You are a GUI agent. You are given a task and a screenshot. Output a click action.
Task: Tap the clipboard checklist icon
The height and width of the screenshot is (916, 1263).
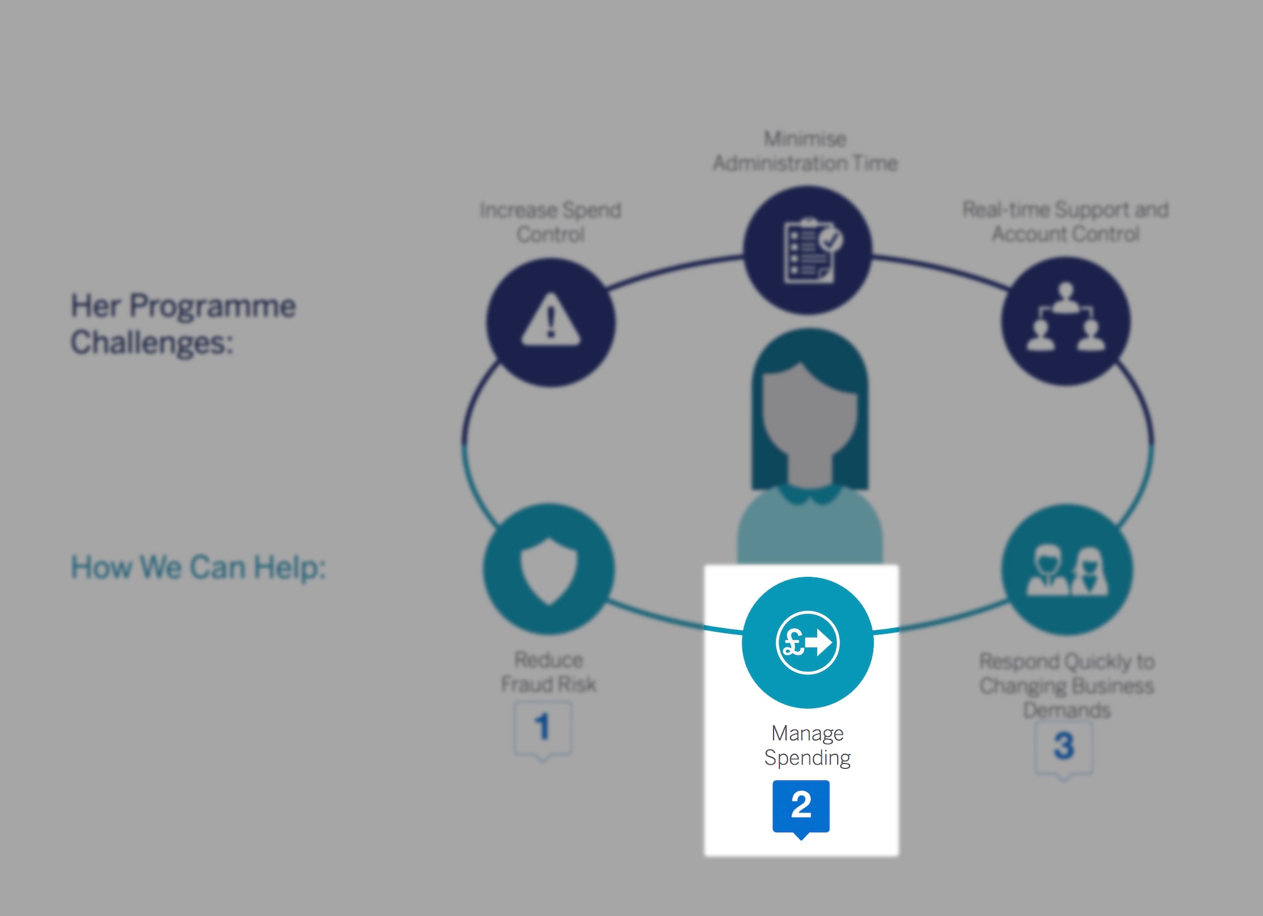coord(808,250)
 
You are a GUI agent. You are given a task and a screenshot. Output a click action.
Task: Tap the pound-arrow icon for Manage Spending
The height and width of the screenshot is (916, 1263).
coord(807,642)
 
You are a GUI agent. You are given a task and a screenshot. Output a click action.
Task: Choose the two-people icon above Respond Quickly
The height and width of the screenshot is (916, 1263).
coord(1067,570)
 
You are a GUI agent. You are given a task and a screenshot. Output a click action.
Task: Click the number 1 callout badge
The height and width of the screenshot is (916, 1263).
coord(543,727)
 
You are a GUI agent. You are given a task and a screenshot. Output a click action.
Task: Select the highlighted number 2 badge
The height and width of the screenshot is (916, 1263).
coord(800,805)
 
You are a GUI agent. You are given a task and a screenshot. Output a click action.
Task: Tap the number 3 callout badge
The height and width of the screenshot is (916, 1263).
coord(1064,746)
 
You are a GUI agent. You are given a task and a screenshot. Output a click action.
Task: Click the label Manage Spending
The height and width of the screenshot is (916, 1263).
coord(807,745)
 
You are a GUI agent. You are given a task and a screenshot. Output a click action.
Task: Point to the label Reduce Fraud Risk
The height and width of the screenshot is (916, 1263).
coord(548,672)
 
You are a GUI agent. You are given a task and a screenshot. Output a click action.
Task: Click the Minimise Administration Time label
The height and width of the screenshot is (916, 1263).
coord(805,151)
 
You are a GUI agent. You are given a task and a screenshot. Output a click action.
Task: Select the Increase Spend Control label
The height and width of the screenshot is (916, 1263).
coord(551,222)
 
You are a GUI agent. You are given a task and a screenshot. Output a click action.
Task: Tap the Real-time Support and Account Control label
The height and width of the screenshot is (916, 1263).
coord(1066,222)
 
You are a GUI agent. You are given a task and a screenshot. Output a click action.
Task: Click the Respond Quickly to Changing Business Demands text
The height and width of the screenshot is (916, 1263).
coord(1067,685)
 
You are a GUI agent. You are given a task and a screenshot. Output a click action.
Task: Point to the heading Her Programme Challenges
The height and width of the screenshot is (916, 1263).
coord(183,324)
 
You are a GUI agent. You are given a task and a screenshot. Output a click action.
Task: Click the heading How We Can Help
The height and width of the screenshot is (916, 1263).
coord(198,567)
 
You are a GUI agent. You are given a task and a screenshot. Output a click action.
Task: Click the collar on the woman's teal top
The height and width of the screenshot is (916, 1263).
coord(809,493)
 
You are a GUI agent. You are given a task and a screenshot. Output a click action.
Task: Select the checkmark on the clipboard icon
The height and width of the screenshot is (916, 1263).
coord(831,239)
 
